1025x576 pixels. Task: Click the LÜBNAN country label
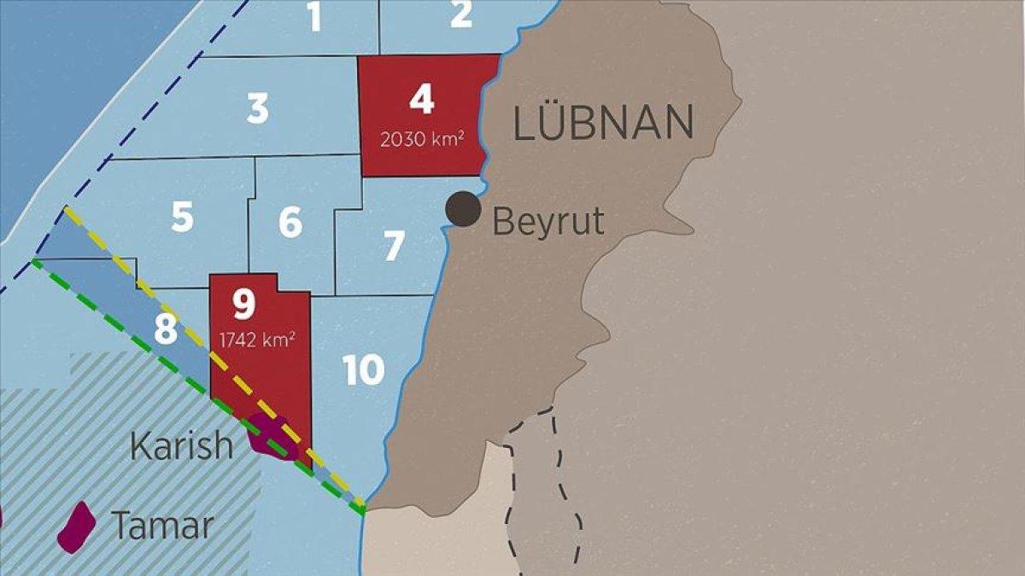(x=603, y=124)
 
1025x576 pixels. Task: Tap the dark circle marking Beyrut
(x=464, y=209)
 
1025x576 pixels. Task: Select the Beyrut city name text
(x=548, y=222)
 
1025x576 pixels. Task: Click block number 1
(x=315, y=17)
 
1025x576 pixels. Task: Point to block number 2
(x=461, y=14)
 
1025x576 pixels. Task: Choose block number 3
(x=257, y=109)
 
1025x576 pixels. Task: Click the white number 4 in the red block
(x=421, y=100)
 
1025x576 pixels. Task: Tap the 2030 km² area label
(x=422, y=139)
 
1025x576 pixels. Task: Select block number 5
(x=182, y=218)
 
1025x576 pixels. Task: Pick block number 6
(x=290, y=223)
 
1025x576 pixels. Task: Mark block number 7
(x=393, y=247)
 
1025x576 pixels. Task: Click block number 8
(x=166, y=329)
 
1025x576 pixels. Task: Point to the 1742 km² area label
(x=258, y=340)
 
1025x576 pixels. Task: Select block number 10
(x=364, y=369)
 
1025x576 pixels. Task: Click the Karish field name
(x=181, y=445)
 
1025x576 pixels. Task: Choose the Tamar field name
(x=161, y=526)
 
